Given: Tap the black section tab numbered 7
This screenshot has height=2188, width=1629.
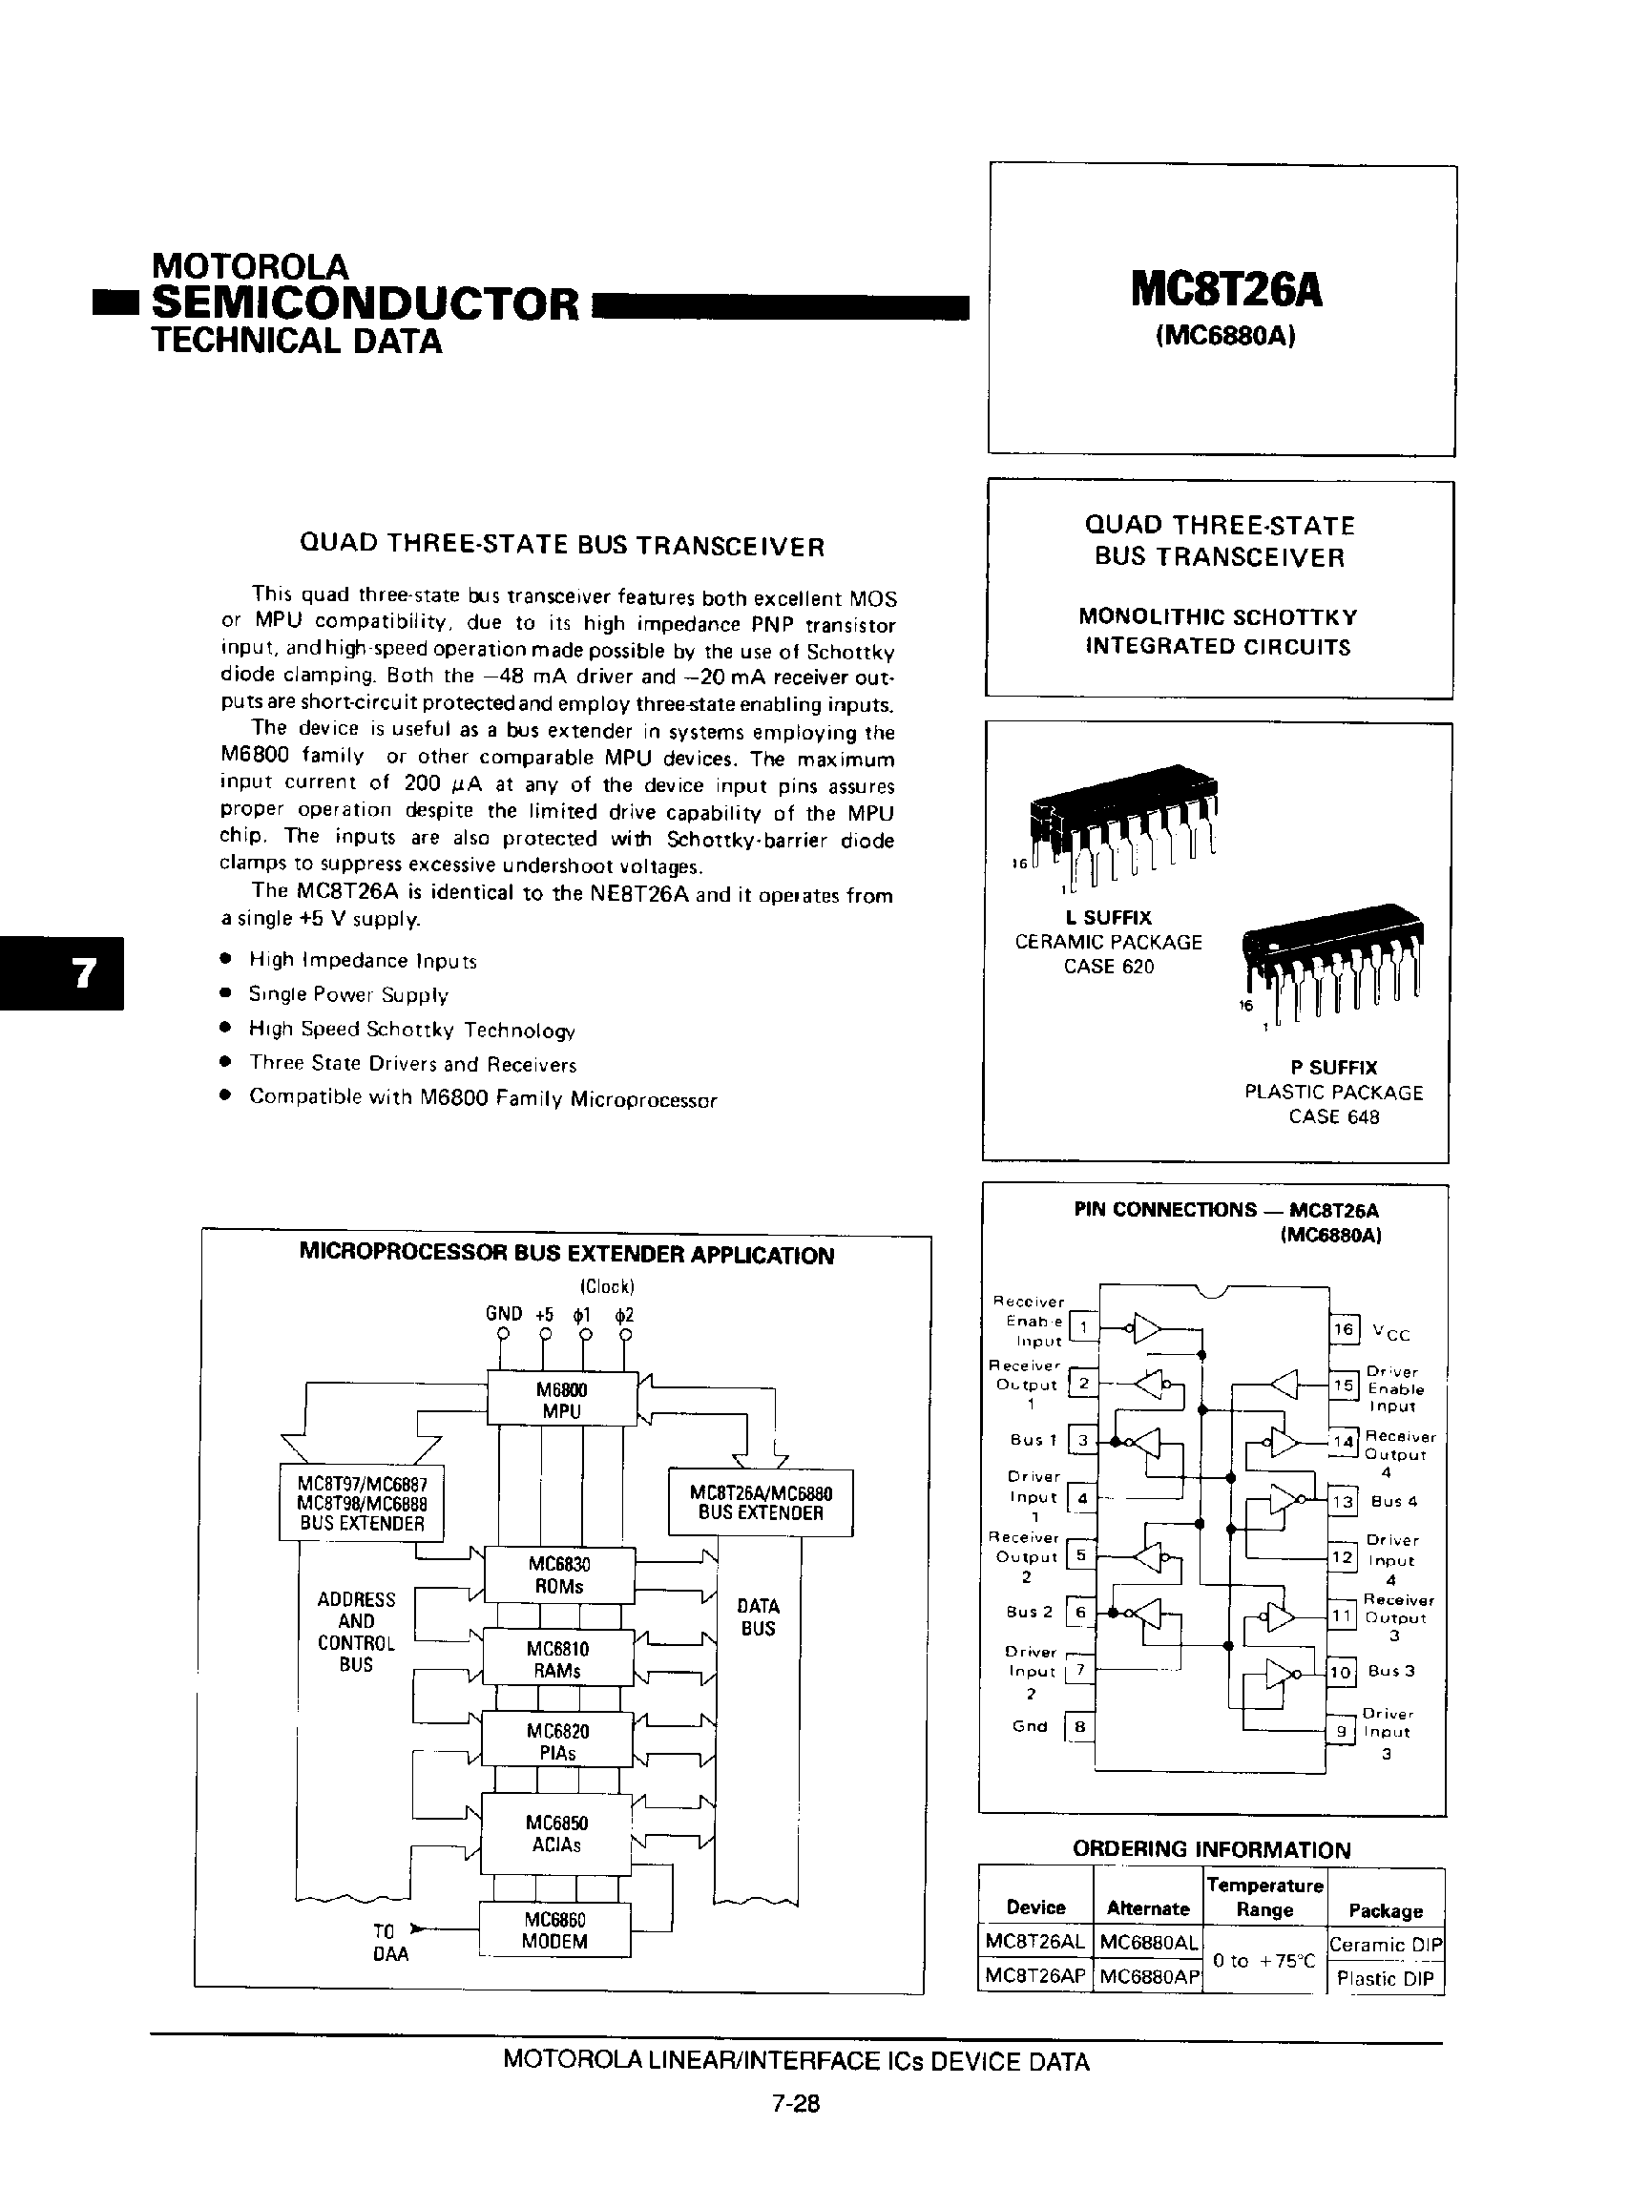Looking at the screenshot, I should (x=62, y=973).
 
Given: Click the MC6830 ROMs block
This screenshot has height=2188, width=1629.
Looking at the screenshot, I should (x=558, y=1574).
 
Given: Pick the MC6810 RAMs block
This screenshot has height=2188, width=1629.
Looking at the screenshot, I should (x=558, y=1659).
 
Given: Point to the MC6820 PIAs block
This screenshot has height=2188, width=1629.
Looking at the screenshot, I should (x=558, y=1742).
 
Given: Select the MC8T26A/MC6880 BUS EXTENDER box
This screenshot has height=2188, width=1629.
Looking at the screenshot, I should (x=761, y=1503).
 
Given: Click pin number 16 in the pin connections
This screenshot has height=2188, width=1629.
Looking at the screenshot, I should (x=1344, y=1329).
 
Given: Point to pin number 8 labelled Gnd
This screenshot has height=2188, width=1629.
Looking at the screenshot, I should (x=1080, y=1726).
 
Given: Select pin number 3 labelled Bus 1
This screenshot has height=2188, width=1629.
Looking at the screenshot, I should (x=1082, y=1440).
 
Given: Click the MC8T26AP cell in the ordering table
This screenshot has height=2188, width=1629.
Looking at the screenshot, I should (x=1035, y=1977).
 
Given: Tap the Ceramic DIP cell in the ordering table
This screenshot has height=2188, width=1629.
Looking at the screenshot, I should (x=1386, y=1945).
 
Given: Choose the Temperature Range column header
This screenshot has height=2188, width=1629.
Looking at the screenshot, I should (x=1265, y=1897).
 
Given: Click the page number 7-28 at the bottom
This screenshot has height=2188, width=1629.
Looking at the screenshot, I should (x=797, y=2104).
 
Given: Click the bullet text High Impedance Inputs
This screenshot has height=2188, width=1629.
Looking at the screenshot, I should (x=362, y=960).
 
